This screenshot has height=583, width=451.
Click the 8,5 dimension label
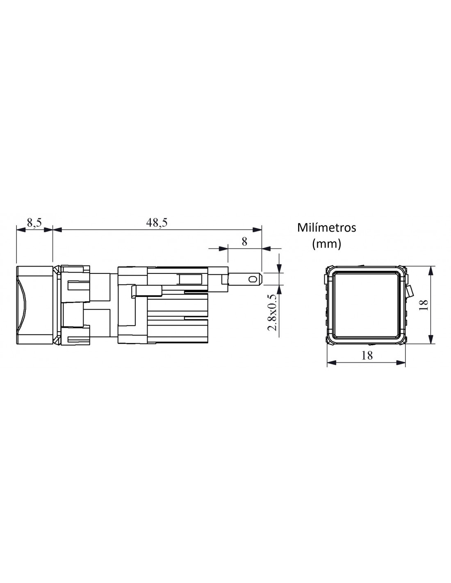34,222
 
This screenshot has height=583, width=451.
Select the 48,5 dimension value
157,222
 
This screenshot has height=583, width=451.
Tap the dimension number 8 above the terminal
244,241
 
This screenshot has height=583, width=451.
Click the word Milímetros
326,228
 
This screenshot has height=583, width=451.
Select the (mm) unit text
326,244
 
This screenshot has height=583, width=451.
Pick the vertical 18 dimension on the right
424,305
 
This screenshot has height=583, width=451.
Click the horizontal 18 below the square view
367,355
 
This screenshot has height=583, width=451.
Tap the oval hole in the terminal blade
252,279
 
